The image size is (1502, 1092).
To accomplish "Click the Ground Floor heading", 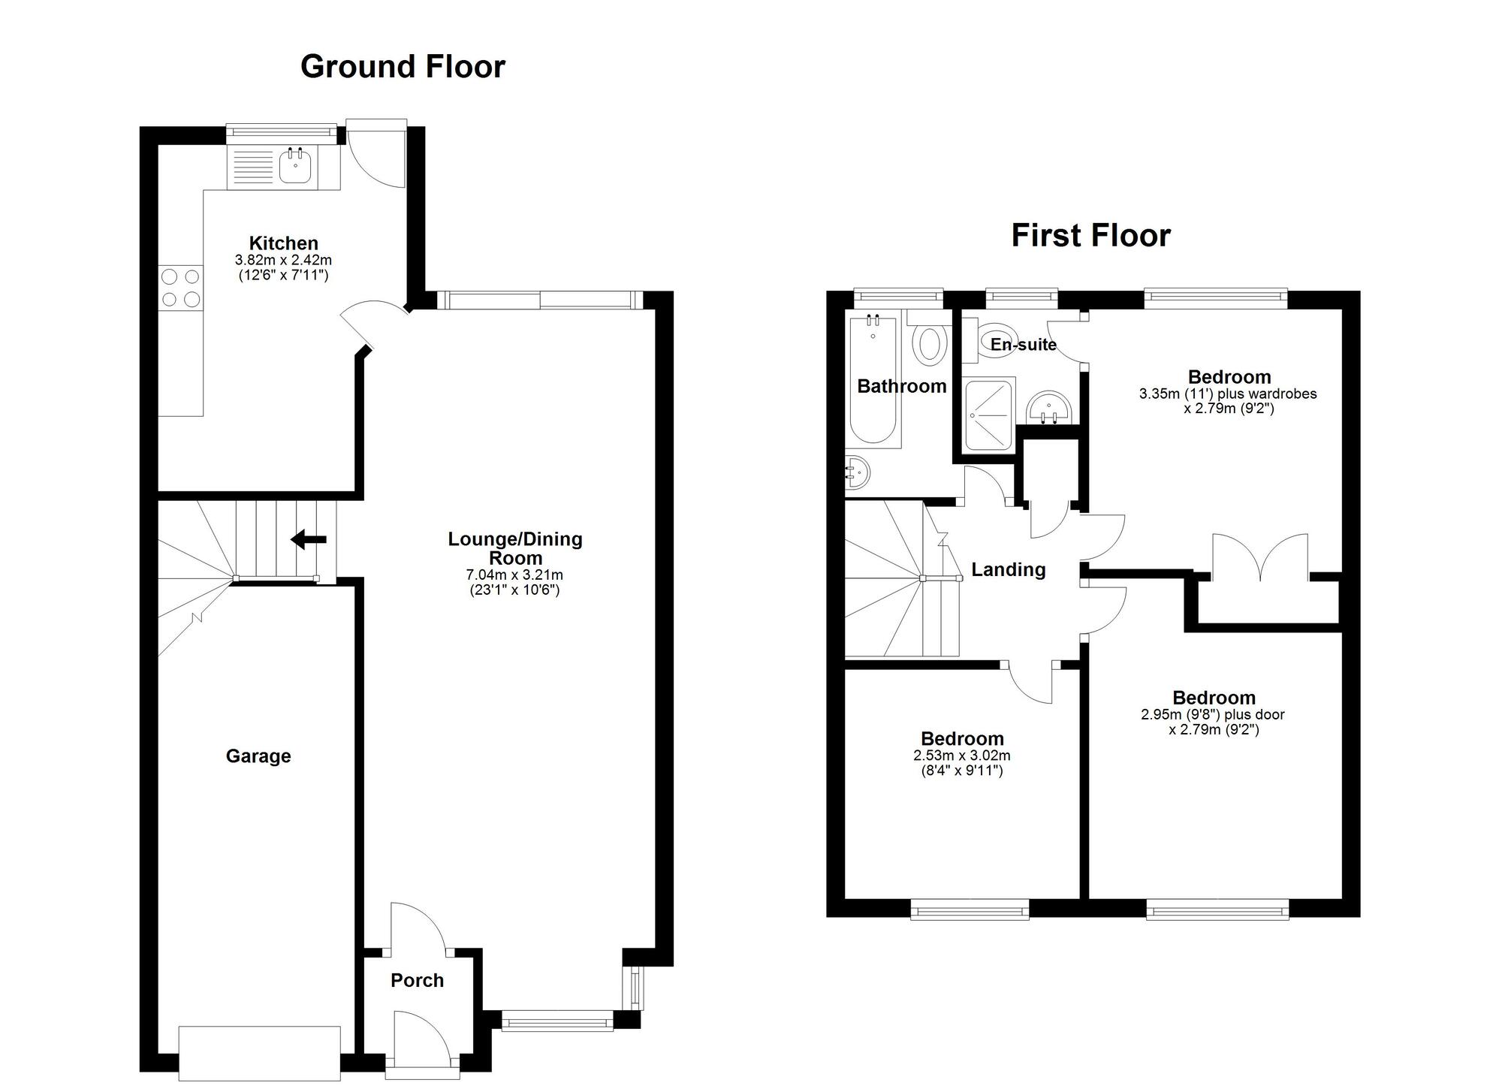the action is click(x=403, y=67).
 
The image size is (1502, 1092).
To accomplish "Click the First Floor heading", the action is click(x=1090, y=236).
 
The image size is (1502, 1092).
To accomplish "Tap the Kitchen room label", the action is click(x=284, y=243).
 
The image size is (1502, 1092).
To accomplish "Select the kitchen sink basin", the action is click(x=296, y=166).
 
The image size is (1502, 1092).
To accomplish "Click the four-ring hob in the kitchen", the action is click(x=181, y=288).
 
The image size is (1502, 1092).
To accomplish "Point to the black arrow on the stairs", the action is click(x=309, y=539).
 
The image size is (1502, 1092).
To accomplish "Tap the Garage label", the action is click(x=258, y=756).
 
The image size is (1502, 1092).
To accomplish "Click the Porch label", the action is click(x=417, y=980).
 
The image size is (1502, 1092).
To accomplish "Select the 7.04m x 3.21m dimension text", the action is click(x=514, y=575).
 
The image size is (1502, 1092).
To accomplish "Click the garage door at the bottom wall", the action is click(x=259, y=1053).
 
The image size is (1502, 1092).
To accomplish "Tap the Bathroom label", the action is click(x=901, y=386).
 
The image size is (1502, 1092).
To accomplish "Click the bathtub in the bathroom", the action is click(x=873, y=380).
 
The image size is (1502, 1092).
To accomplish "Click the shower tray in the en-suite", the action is click(x=989, y=414).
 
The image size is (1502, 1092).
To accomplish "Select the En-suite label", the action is click(x=1023, y=344).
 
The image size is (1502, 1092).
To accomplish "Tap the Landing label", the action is click(x=1008, y=570).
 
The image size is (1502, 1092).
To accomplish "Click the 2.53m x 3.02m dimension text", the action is click(x=962, y=756).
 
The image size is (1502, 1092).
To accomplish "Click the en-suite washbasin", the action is click(x=1049, y=408).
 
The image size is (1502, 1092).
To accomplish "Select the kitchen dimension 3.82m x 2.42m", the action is click(x=283, y=260).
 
